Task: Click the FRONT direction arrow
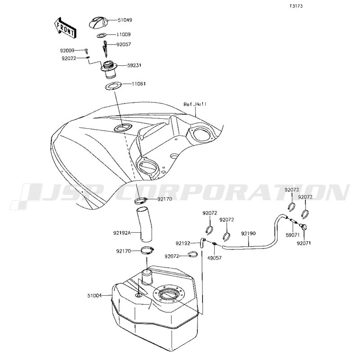tap(64, 27)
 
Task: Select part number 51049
tap(125, 20)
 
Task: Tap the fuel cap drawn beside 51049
tap(98, 23)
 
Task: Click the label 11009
tap(123, 35)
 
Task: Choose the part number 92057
tap(123, 44)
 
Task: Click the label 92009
tap(67, 50)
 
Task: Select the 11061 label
tap(139, 84)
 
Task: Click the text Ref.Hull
tap(195, 104)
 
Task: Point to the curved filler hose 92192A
tap(144, 224)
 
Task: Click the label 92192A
tap(122, 233)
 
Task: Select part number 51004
tap(94, 296)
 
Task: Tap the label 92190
tap(248, 234)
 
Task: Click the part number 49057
tap(215, 258)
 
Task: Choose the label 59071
tap(293, 235)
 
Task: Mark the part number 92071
tap(304, 243)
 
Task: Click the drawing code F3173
tap(296, 6)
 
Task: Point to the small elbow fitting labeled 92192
tap(202, 243)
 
